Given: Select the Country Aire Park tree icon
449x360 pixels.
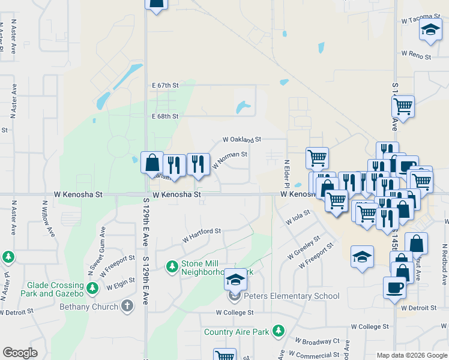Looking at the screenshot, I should pos(278,331).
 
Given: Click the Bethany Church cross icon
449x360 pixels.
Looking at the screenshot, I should pos(127,306).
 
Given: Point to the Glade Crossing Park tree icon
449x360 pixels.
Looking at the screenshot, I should pos(92,289).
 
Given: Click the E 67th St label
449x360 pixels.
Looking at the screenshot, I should pos(166,86).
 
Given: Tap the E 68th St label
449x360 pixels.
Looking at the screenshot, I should pos(165,116).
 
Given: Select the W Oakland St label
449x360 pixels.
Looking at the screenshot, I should pos(242,139).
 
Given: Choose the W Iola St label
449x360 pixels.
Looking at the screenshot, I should pos(298,217).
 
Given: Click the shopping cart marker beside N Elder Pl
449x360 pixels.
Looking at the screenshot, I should pos(317,158).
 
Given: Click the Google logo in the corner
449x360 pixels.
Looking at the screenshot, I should pos(20,353).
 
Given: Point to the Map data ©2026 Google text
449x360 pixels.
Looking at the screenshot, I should pos(412,355).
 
